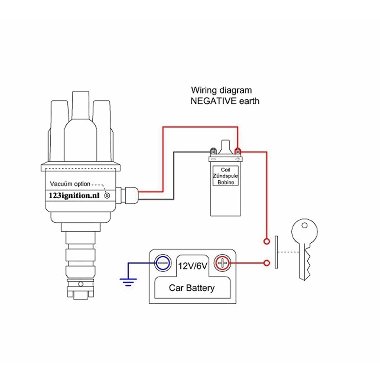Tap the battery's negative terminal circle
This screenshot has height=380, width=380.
tap(162, 263)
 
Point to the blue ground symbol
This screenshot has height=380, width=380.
tap(128, 282)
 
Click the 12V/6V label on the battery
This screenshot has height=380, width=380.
tap(193, 266)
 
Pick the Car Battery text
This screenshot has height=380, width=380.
tap(192, 288)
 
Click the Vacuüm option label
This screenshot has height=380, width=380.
tap(70, 184)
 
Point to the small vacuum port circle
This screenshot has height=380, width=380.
tap(107, 195)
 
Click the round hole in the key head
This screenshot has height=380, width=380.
tap(304, 225)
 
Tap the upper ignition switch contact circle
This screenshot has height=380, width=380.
tap(267, 241)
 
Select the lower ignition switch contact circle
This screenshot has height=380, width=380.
tap(267, 263)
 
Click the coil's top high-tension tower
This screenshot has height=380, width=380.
tap(225, 147)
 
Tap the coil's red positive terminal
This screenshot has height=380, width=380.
tap(238, 150)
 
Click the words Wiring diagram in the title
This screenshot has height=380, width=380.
tap(221, 90)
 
